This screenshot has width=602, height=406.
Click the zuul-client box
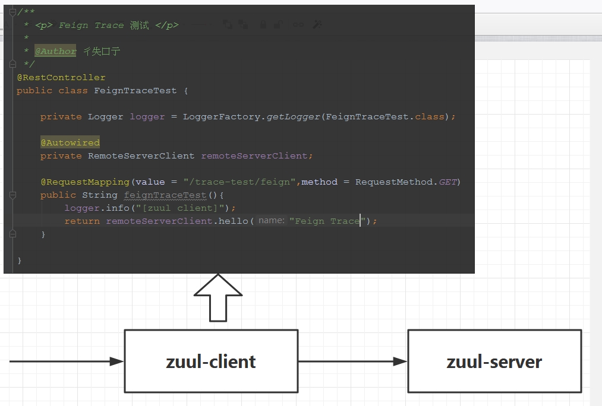tap(211, 361)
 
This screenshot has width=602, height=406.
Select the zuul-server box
tap(494, 361)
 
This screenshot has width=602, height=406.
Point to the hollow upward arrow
tap(218, 297)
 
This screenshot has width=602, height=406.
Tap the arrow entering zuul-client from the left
tap(65, 361)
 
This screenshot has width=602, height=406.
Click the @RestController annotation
tap(61, 78)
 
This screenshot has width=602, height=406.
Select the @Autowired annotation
tap(70, 142)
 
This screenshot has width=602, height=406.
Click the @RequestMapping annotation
tap(85, 182)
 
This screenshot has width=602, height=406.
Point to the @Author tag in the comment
tap(55, 52)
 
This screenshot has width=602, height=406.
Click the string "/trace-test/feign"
tap(239, 182)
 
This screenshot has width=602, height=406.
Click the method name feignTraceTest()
tap(165, 195)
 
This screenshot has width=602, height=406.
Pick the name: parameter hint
tap(271, 220)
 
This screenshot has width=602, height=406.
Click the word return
tap(82, 221)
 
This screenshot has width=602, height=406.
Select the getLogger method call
tap(293, 117)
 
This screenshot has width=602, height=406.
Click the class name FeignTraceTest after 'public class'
tap(135, 91)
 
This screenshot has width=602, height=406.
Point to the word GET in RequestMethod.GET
tap(448, 182)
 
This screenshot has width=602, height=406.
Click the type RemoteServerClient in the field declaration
tap(141, 156)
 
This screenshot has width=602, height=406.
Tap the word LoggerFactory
tap(221, 117)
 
